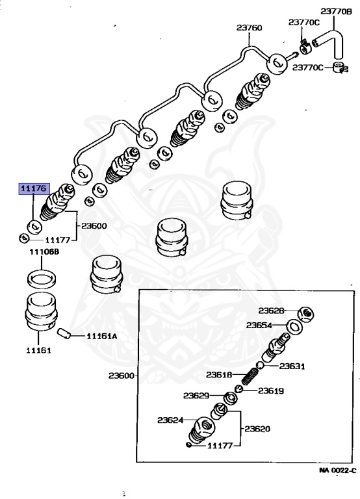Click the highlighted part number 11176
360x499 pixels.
point(34,188)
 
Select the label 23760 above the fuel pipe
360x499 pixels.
point(250,28)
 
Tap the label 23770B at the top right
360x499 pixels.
point(336,12)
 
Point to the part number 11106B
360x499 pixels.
point(44,251)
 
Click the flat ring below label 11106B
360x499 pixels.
point(42,278)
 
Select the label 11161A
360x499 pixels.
point(102,336)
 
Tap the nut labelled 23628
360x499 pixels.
point(306,314)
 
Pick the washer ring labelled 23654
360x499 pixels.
point(294,327)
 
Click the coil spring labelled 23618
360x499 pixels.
point(250,376)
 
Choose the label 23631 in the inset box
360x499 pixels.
point(292,366)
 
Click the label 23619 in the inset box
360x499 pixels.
point(270,390)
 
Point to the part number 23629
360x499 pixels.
point(196,396)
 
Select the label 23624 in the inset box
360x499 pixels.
point(170,420)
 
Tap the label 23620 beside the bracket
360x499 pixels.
point(257,429)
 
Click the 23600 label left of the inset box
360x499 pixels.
point(122,376)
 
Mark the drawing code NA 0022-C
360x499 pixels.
point(338,470)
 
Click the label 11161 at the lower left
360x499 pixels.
point(38,350)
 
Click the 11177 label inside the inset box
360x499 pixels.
point(220,446)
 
